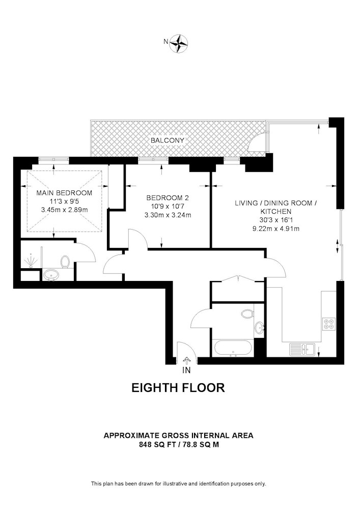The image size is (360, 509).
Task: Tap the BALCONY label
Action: pos(167,140)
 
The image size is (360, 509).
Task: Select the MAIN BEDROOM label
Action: pos(64,193)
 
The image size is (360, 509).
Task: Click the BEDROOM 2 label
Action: pos(168,197)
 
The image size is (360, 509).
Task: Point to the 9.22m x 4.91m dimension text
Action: pos(276,229)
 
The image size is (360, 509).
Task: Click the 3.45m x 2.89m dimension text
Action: pos(64,210)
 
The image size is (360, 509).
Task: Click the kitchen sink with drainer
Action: pos(302,350)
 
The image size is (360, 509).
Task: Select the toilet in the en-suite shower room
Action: pos(65,262)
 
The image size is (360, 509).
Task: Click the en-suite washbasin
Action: pos(51,275)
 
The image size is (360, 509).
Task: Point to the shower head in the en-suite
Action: pos(31,262)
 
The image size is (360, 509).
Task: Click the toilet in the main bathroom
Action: pos(247,314)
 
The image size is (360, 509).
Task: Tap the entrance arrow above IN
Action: pos(187,360)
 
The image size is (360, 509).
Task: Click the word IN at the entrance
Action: pos(186,370)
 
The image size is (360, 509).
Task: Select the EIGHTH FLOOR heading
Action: pos(178,387)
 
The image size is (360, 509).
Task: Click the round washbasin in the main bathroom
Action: pos(259,327)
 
